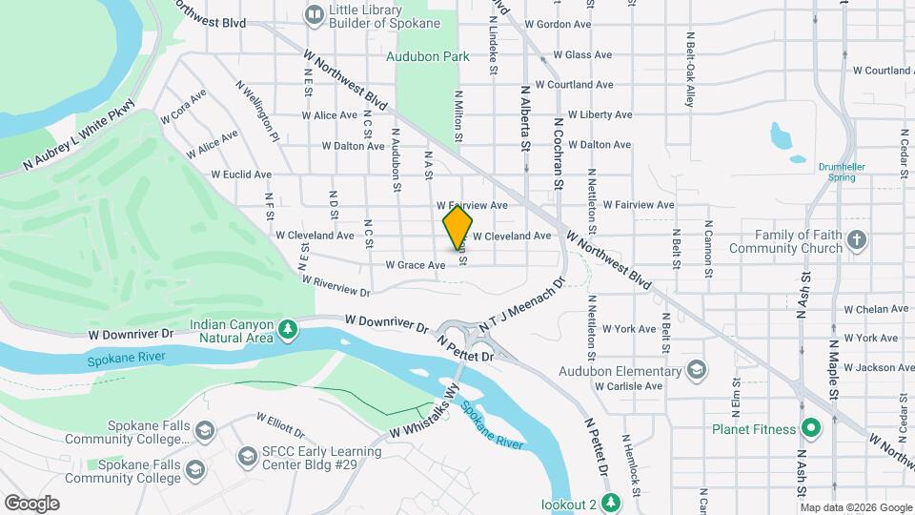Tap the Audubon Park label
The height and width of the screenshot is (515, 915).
[x=428, y=57]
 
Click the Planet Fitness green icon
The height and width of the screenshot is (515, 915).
[x=810, y=428]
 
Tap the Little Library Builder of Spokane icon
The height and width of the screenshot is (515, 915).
[x=314, y=14]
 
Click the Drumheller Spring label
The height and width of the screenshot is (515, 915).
[x=843, y=172]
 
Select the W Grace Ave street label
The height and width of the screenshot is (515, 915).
[x=415, y=265]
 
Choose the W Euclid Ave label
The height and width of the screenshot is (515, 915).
[x=241, y=175]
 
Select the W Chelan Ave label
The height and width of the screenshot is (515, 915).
[x=876, y=309]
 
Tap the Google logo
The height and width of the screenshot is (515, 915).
[x=31, y=503]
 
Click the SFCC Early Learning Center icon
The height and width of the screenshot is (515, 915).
[x=248, y=457]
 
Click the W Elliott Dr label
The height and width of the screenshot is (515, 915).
[x=281, y=422]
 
